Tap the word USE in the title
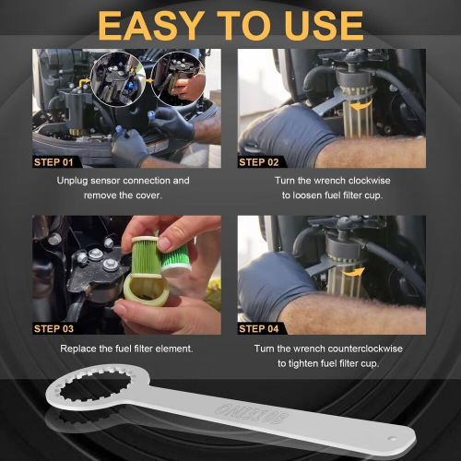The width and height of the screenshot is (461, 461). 324,25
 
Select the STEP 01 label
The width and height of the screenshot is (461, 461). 53,162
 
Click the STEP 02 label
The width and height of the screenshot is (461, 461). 259,162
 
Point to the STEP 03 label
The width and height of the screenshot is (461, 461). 53,329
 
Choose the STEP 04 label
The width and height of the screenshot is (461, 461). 259,329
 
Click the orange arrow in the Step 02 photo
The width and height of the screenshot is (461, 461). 362,107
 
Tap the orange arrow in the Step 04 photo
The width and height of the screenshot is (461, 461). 354,272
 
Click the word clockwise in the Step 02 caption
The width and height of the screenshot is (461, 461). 370,181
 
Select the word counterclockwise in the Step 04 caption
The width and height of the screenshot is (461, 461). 364,349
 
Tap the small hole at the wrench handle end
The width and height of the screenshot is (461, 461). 392,438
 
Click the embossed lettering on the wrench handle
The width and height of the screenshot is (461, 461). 252,414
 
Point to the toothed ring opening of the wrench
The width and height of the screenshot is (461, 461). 95,387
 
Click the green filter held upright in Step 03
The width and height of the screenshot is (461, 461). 146,256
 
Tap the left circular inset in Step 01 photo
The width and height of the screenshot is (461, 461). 118,79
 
